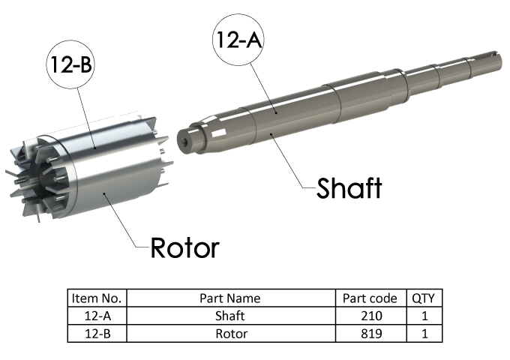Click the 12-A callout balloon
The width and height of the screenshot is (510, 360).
(238, 39)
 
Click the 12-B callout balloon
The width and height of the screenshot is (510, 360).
(70, 64)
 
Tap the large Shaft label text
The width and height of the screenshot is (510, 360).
(349, 187)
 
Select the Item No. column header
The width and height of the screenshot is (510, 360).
(97, 298)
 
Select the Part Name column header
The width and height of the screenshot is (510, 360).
(229, 298)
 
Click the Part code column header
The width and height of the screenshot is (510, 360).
(370, 298)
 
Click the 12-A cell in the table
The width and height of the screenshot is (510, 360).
(97, 316)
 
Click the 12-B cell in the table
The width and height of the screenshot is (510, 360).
(97, 333)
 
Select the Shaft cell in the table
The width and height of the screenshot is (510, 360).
(229, 316)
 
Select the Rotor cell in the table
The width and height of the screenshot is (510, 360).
(229, 333)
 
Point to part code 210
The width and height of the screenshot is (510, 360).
(370, 316)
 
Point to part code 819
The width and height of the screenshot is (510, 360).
(370, 333)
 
